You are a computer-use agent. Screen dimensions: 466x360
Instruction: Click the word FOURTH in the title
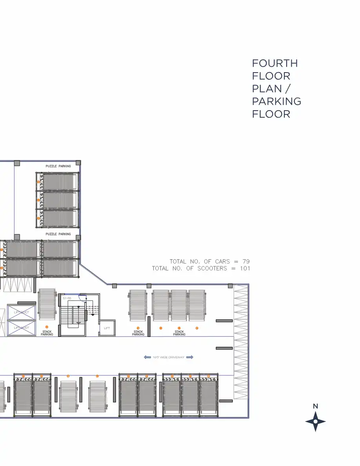click(275, 64)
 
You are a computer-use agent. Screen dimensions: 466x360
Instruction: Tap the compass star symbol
click(315, 422)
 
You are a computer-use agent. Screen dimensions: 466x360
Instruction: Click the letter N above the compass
click(315, 406)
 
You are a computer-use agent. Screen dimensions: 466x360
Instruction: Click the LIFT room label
click(107, 328)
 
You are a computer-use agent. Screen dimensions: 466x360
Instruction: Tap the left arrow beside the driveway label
click(147, 357)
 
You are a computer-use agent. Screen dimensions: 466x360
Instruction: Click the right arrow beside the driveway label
click(190, 357)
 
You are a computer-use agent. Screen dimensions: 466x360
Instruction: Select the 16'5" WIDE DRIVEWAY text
click(169, 357)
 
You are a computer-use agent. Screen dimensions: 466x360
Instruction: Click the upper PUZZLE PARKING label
click(59, 166)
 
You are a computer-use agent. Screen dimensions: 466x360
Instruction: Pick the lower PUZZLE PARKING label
click(59, 234)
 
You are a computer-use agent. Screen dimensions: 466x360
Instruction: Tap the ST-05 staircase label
click(67, 299)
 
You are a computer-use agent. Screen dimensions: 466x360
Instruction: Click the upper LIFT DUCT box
click(21, 312)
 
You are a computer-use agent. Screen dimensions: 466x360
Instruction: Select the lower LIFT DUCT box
click(21, 328)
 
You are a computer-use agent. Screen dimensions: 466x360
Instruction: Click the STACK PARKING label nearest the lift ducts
click(47, 333)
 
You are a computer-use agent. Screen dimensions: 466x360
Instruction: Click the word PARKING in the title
click(276, 102)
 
